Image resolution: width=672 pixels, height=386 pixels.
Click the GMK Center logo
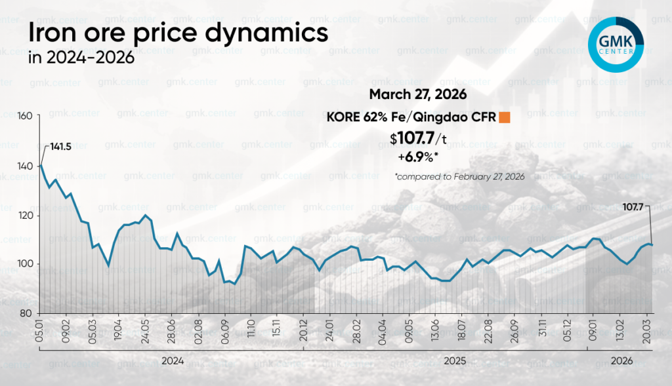tap(616, 44)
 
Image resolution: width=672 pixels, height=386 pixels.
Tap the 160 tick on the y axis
tap(24, 117)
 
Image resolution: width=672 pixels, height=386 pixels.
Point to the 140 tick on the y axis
tap(24, 166)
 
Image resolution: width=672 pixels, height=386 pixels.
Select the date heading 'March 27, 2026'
tap(417, 94)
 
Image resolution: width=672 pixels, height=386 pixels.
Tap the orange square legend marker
tap(505, 118)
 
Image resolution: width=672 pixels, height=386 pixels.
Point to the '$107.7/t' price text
tap(417, 139)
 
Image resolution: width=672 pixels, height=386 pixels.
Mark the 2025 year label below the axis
tap(444, 360)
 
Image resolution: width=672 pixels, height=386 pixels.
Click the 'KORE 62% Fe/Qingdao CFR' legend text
tap(411, 118)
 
